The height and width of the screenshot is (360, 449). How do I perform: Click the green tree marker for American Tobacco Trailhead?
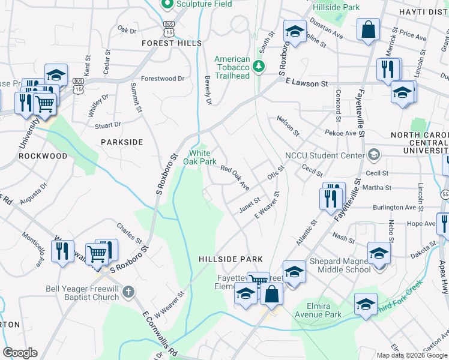coord(259,65)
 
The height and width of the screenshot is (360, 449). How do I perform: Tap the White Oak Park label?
coord(199,157)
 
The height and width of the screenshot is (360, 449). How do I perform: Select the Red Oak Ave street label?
coord(235,178)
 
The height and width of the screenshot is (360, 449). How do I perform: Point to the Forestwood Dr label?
coord(162,79)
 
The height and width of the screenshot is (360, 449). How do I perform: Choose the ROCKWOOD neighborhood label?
coord(43,156)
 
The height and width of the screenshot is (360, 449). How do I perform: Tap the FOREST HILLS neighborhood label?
coord(167,43)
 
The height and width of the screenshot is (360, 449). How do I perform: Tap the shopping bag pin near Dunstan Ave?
coord(368,29)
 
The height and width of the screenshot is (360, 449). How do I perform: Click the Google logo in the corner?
coord(20,353)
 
